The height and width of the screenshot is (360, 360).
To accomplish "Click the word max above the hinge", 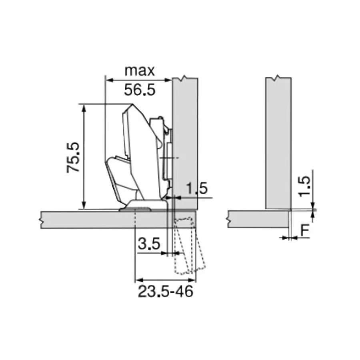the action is point(140,71).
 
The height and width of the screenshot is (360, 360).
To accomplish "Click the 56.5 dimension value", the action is point(140,90).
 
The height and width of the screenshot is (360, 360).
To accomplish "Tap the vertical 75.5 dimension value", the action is point(73,158).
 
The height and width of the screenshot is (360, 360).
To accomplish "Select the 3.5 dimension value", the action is point(149,244).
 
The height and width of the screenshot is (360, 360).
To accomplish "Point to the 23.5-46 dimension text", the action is point(166,292).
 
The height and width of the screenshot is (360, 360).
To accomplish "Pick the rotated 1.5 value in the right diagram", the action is point(304,186).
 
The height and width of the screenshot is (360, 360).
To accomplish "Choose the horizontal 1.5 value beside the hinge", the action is point(197,188).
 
